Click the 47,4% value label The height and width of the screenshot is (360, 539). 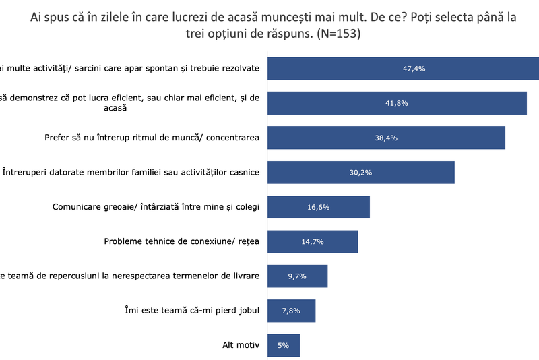[x=414, y=69]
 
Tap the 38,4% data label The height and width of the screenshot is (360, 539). [x=387, y=138]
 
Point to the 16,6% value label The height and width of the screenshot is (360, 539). [x=319, y=207]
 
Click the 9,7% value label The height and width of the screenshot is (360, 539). [x=298, y=276]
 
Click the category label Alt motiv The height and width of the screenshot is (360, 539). [x=241, y=345]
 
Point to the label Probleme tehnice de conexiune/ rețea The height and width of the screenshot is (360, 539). [x=182, y=241]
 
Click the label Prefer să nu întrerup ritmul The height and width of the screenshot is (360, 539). [x=147, y=138]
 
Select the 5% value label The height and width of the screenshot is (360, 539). [x=282, y=345]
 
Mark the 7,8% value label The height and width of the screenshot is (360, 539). [x=292, y=310]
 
